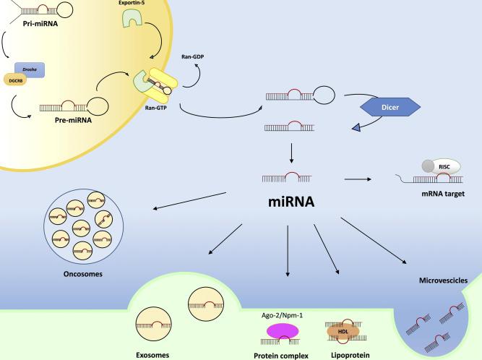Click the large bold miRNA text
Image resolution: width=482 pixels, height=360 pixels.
pos(288,202)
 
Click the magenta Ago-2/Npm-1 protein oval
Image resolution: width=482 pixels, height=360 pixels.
pos(282,330)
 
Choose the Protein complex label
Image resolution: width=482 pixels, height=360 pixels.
pos(282,354)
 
